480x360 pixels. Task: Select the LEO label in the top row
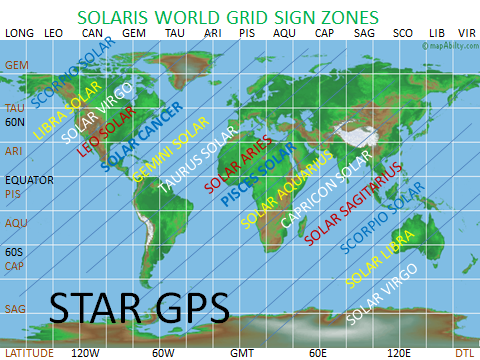pyautogui.click(x=57, y=33)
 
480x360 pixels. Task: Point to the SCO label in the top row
pyautogui.click(x=402, y=33)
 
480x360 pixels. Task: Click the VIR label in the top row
pyautogui.click(x=465, y=33)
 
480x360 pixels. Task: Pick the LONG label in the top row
pyautogui.click(x=19, y=33)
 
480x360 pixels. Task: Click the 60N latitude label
pyautogui.click(x=15, y=122)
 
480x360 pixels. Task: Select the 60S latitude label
pyautogui.click(x=15, y=252)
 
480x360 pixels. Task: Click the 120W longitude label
pyautogui.click(x=87, y=353)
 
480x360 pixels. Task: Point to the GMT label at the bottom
pyautogui.click(x=241, y=353)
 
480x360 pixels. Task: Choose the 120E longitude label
pyautogui.click(x=399, y=353)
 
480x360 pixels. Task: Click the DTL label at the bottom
pyautogui.click(x=464, y=353)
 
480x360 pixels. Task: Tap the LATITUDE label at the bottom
pyautogui.click(x=28, y=353)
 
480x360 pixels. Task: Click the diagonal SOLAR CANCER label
pyautogui.click(x=146, y=135)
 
